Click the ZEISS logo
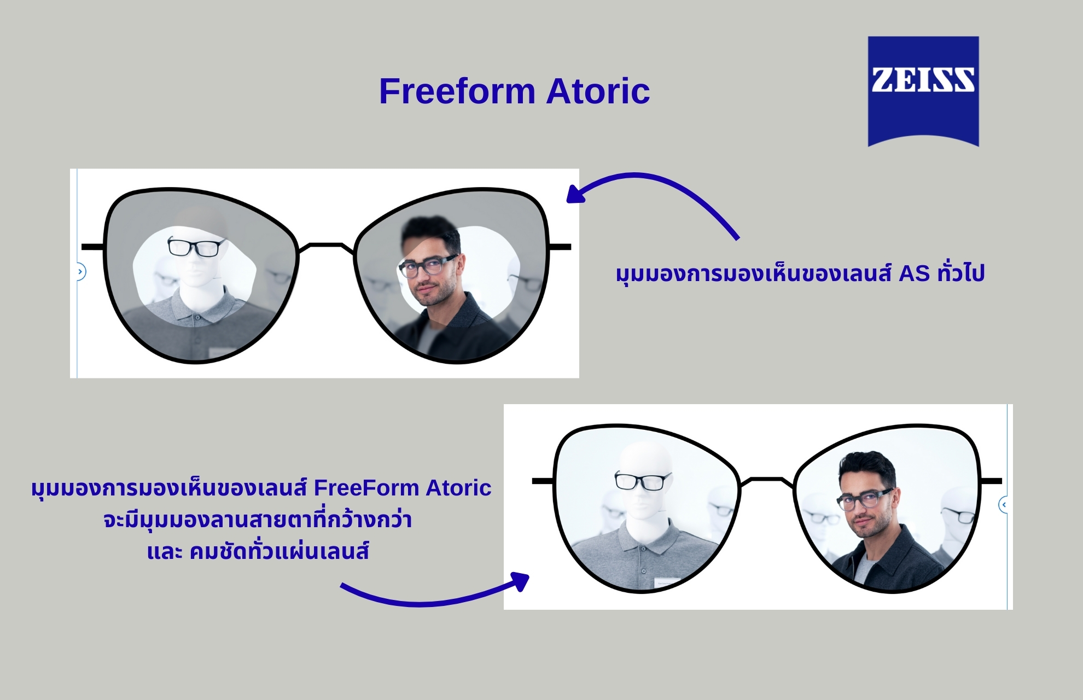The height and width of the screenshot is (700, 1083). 923,91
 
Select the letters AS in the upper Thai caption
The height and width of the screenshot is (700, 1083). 915,273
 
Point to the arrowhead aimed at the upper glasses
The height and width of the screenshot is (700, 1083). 575,194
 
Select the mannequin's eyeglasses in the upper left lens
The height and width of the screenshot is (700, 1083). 195,247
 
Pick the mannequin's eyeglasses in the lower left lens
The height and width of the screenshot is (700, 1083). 642,481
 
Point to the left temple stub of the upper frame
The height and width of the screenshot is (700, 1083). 93,247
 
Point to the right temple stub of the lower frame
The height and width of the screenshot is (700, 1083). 991,481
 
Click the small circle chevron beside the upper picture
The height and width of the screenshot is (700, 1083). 80,272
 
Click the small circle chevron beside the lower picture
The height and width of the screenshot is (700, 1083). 1004,505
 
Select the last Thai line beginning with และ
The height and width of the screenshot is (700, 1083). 258,551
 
